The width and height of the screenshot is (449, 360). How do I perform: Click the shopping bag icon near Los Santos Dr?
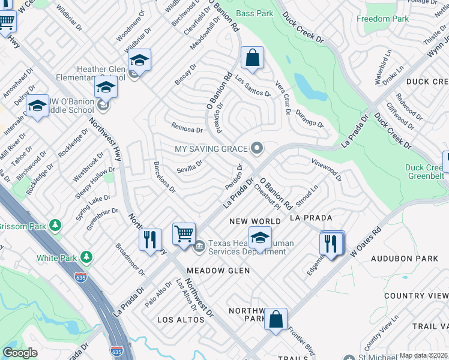coord(253,58)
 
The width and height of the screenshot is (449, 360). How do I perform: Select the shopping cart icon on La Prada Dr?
coord(184,233)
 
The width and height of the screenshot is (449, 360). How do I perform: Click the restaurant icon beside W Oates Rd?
coord(331,242)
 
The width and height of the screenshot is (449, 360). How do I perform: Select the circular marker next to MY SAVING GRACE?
coord(258,148)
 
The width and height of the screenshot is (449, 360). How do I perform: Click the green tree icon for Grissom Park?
coord(56,226)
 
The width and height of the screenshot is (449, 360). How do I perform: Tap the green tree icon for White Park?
coord(87,257)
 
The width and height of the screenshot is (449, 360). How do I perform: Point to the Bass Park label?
coord(254,13)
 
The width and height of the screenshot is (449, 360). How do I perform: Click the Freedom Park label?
coord(382,19)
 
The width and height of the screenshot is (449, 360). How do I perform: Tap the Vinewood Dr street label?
coord(326,170)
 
